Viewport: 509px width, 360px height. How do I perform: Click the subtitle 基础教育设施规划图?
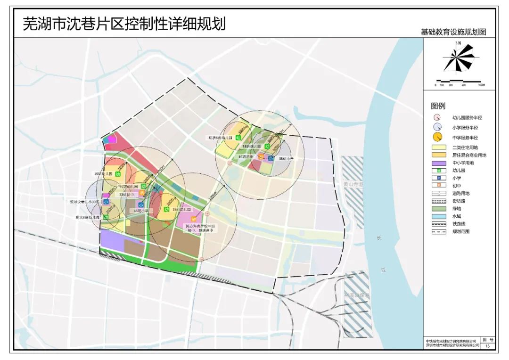pos(453,32)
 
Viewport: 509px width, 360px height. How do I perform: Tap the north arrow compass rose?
pos(459,57)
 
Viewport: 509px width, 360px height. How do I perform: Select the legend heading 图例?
pos(438,106)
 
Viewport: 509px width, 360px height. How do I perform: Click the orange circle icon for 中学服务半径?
pos(438,138)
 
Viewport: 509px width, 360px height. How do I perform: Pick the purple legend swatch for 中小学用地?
pos(438,163)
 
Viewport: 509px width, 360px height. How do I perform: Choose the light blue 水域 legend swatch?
pos(438,216)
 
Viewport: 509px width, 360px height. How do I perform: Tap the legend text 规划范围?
pos(460,232)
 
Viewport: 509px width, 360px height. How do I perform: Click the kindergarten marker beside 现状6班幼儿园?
pos(238,138)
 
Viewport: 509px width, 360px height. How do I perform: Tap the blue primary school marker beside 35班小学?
pos(271,159)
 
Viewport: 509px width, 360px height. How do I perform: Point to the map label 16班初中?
pos(246,156)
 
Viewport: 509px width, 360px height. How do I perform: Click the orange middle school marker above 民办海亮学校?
pos(193,219)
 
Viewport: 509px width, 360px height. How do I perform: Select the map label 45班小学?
pos(141,211)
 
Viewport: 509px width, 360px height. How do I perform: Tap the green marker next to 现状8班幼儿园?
pos(106,218)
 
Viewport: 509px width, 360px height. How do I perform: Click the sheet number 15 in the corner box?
pos(487,346)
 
